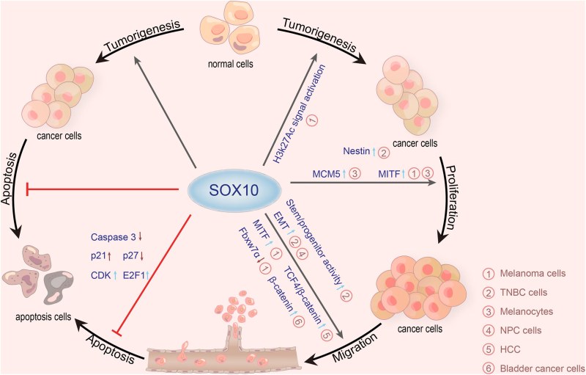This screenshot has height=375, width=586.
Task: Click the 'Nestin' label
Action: click(357, 152)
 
